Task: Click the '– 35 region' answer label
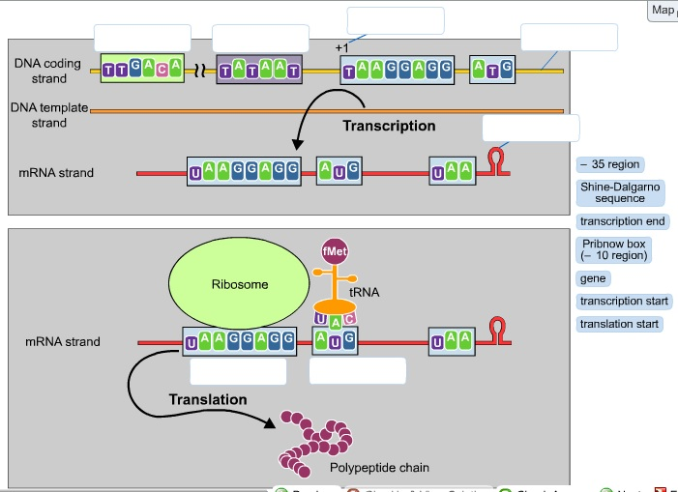[x=609, y=165]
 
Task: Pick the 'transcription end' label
[x=623, y=221]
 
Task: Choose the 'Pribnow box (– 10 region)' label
[x=613, y=250]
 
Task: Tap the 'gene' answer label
[x=592, y=278]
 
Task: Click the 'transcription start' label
[x=624, y=302]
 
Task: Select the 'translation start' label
[x=619, y=324]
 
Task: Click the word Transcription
[x=389, y=126]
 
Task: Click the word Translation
[x=207, y=399]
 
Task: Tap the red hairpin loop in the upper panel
[x=497, y=160]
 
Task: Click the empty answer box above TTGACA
[x=142, y=38]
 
